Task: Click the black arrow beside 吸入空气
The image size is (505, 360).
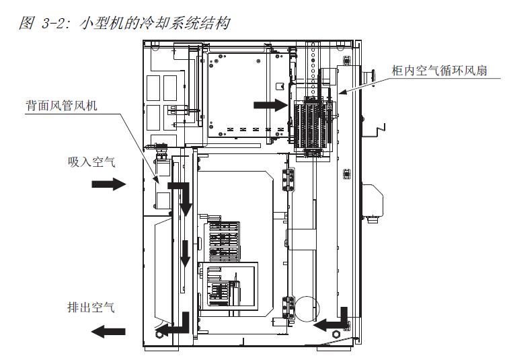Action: click(x=108, y=184)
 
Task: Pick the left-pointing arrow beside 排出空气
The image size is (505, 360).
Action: click(x=108, y=330)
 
